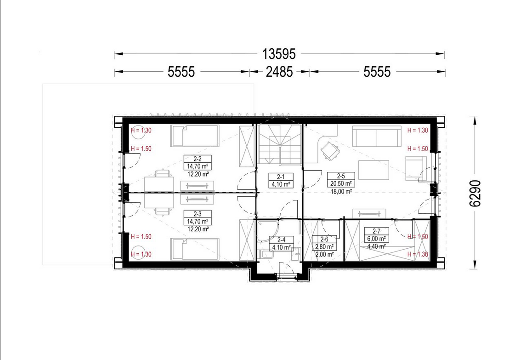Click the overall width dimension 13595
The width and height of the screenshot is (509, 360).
coord(279,54)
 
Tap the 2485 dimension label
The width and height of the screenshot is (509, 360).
coord(279,72)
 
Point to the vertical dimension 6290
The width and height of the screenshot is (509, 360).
coord(475,193)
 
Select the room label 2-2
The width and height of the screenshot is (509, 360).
coord(198,159)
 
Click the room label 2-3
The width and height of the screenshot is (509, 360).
coord(198,214)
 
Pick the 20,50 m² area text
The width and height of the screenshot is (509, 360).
coord(341,183)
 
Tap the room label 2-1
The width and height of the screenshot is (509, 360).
coord(281,177)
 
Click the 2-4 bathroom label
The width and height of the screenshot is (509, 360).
coord(282,240)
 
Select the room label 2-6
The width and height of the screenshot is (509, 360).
coord(324,240)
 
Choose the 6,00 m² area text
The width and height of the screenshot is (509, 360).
coord(376,239)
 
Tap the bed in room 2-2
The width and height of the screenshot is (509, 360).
coord(195,136)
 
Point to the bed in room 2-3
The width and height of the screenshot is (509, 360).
coord(195,249)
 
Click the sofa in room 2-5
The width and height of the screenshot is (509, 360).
coord(377,137)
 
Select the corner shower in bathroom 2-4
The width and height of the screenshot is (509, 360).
coord(268,232)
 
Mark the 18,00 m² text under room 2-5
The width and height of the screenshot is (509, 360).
coord(341,192)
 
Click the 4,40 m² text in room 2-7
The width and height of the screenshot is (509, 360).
coord(376,246)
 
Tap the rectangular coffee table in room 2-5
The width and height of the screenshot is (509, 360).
coord(373,170)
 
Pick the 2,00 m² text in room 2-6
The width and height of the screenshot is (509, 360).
coord(325,254)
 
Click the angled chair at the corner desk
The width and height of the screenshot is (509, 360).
coord(330,150)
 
